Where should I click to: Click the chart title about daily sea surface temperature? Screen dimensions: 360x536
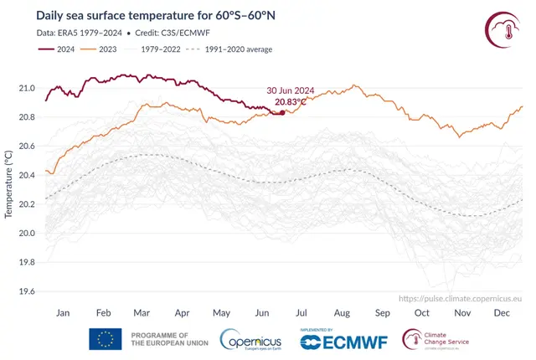(168, 15)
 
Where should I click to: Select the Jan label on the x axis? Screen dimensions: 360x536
(63, 313)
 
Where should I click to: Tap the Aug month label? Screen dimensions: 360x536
(343, 313)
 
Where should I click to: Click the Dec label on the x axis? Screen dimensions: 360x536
(502, 313)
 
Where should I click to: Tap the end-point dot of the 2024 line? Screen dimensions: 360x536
(282, 112)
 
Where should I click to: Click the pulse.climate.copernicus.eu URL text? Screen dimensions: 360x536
(461, 298)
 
